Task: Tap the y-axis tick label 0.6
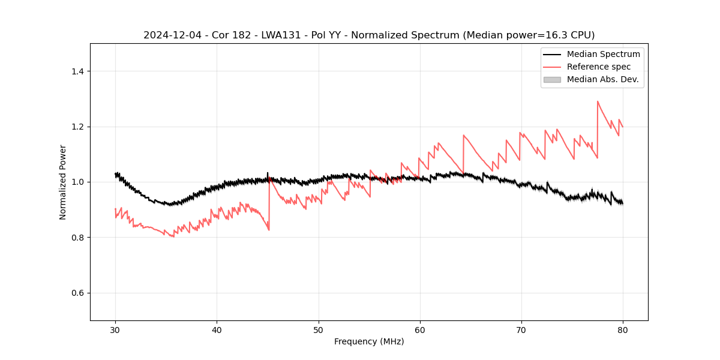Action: pos(77,293)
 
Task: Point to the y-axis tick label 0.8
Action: pos(77,238)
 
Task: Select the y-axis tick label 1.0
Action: pos(77,182)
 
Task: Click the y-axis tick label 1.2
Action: pos(77,127)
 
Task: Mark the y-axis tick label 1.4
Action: pos(77,71)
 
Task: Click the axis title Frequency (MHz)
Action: pos(369,341)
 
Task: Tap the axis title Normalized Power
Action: pos(63,182)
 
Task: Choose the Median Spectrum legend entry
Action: pos(603,54)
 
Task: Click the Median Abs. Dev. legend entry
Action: pos(602,79)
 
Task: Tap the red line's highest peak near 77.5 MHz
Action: pos(598,101)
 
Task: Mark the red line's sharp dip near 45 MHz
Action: pos(269,230)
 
